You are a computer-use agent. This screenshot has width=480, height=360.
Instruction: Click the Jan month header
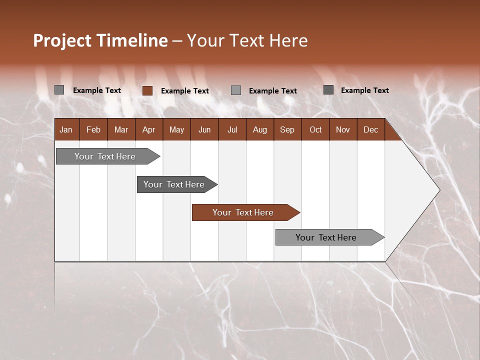(x=66, y=129)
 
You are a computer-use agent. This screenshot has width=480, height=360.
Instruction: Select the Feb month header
(x=93, y=129)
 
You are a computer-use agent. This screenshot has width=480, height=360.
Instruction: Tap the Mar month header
(x=121, y=129)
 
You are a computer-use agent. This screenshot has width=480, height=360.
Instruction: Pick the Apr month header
(x=148, y=129)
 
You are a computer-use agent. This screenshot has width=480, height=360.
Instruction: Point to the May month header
(x=176, y=129)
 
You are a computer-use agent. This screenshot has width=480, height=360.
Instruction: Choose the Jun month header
(x=204, y=129)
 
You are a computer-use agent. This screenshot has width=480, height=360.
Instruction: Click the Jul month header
(x=232, y=129)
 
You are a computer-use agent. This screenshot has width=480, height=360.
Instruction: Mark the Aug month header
(x=259, y=129)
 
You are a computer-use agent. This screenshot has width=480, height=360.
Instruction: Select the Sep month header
(x=287, y=129)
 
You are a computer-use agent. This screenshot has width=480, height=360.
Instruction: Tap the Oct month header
(x=315, y=129)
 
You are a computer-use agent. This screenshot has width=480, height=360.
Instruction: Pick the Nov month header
(x=343, y=129)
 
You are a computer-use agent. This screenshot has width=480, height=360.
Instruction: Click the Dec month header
(x=370, y=129)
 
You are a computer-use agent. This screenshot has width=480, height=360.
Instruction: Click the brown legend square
(x=147, y=90)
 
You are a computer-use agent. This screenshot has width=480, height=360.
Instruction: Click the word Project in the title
(x=62, y=40)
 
